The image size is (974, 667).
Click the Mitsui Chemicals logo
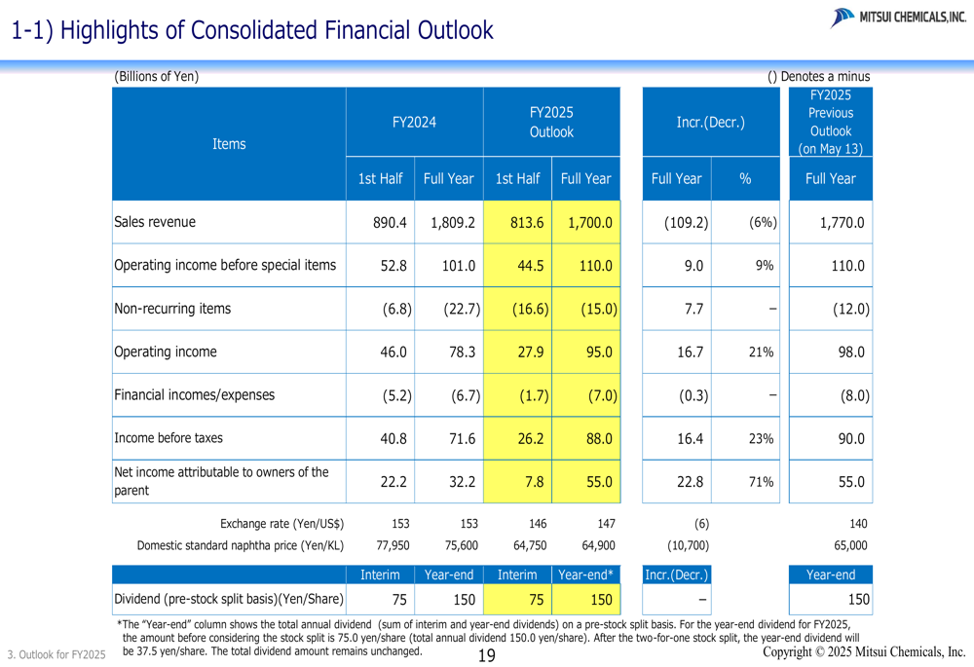click(x=898, y=17)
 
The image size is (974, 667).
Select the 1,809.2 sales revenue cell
click(x=452, y=222)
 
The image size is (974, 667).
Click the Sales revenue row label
click(x=155, y=222)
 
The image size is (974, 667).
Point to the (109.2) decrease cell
click(x=686, y=222)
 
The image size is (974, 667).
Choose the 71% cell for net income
click(x=761, y=482)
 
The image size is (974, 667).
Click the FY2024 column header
click(x=414, y=123)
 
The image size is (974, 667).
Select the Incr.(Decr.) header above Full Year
click(x=710, y=123)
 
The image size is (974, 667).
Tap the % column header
click(x=745, y=179)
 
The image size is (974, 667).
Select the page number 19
click(x=487, y=655)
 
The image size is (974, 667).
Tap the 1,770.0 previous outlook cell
click(x=842, y=222)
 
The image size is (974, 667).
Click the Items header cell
click(x=229, y=144)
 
